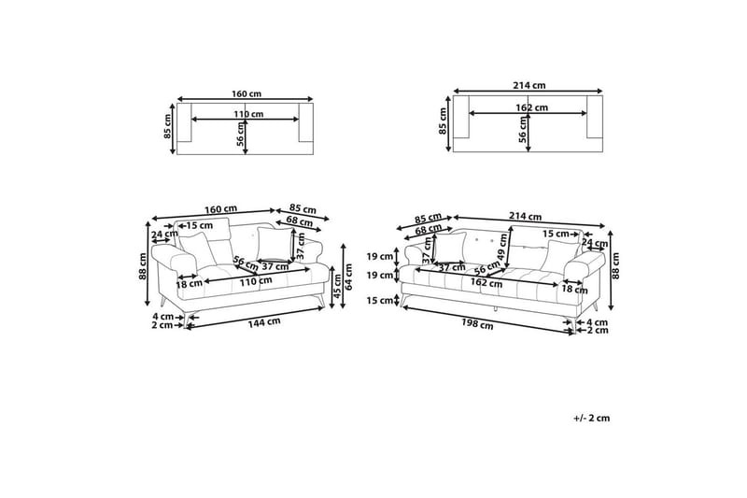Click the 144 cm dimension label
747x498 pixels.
coord(264,322)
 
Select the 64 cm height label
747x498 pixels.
coord(349,277)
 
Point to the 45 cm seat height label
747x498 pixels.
coord(338,286)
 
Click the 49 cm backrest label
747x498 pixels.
coord(502,248)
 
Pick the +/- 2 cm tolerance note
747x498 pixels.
coord(592,418)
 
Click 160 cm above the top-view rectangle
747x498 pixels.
coord(247,93)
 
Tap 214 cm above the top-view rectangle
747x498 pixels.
coord(529,86)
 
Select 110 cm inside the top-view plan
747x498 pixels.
coord(248,114)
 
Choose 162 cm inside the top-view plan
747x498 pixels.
coord(531,107)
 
